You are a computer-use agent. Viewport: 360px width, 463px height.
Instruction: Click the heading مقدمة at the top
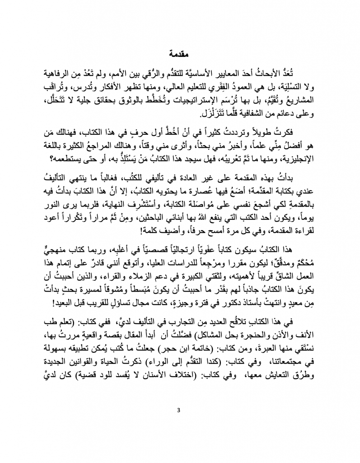pos(180,47)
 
